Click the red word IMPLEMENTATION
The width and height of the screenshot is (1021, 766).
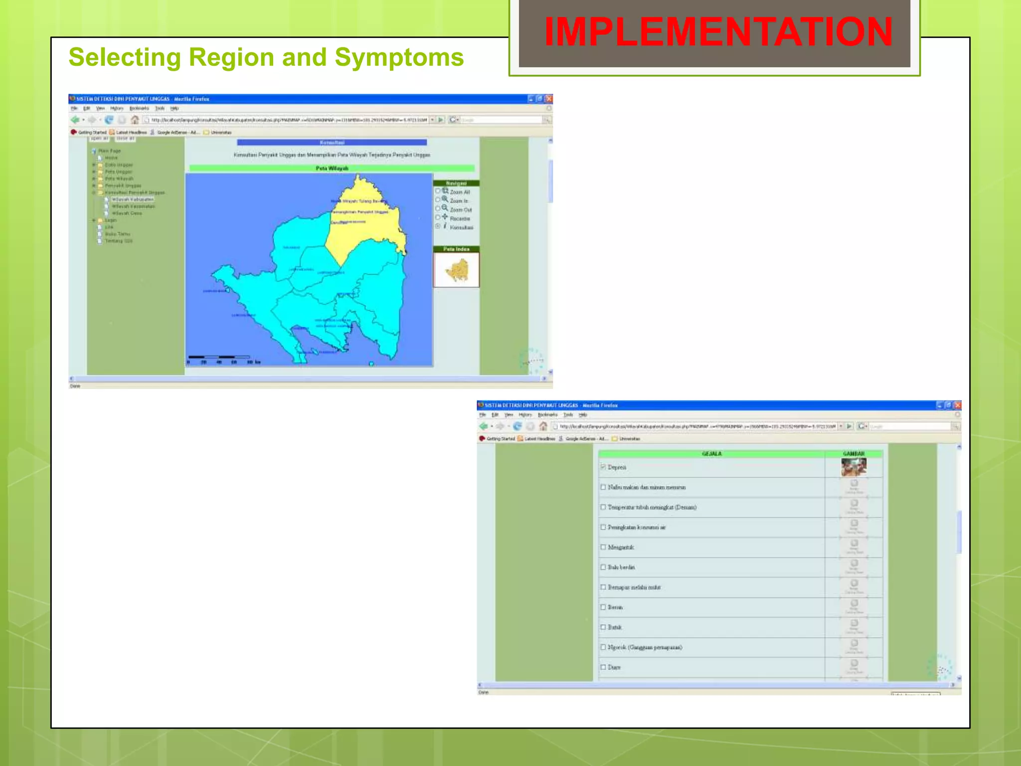pos(718,32)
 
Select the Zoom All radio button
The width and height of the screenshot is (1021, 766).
pos(438,191)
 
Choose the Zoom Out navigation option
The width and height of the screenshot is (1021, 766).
pos(438,209)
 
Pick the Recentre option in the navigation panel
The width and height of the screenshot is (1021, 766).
pos(438,217)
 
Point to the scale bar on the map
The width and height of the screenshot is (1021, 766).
pos(219,357)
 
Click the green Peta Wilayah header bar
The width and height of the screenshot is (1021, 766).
pos(332,169)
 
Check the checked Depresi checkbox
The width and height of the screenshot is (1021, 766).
pos(603,467)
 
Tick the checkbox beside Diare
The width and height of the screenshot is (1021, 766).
pos(603,667)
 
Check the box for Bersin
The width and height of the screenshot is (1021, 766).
pos(603,607)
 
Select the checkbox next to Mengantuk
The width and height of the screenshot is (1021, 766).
pos(603,547)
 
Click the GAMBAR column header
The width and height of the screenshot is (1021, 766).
pos(853,454)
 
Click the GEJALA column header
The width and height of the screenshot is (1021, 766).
pos(711,454)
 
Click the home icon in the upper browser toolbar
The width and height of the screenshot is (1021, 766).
pos(135,120)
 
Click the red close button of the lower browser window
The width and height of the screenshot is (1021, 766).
pos(957,405)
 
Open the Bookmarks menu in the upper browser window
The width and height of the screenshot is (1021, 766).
pos(139,108)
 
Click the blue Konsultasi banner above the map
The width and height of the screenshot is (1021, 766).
pos(332,143)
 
